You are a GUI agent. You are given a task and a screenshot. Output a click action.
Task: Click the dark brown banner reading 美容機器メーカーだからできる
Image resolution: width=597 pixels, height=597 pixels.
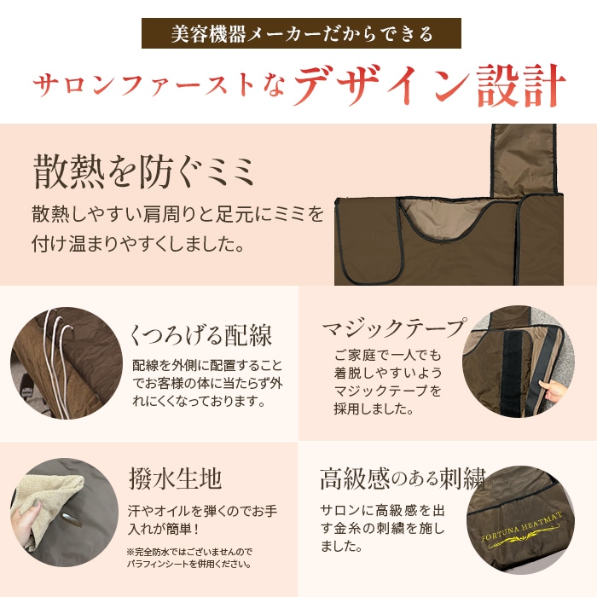point(300,35)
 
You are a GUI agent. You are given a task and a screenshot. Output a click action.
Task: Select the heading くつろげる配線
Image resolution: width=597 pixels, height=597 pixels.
point(202,333)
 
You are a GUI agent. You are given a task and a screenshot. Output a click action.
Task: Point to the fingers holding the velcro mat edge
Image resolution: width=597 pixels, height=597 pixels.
point(553,395)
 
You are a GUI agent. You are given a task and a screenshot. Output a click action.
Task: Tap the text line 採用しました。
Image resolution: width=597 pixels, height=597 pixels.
point(372,409)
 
